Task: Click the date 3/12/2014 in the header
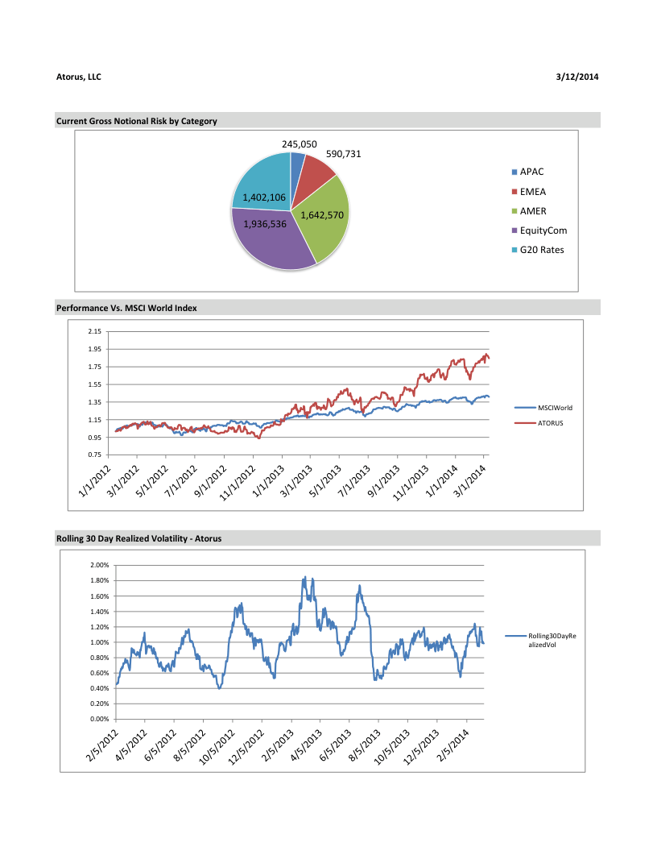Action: (576, 77)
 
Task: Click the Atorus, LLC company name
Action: (79, 77)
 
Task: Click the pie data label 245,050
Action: (299, 144)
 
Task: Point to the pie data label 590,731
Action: (343, 153)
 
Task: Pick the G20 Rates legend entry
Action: (542, 249)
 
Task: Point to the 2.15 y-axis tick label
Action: (94, 331)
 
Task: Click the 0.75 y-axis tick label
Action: (94, 455)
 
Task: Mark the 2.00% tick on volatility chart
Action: (98, 566)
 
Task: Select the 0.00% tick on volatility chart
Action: (98, 719)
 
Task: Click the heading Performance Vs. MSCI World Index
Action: (126, 308)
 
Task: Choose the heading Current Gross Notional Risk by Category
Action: (137, 121)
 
